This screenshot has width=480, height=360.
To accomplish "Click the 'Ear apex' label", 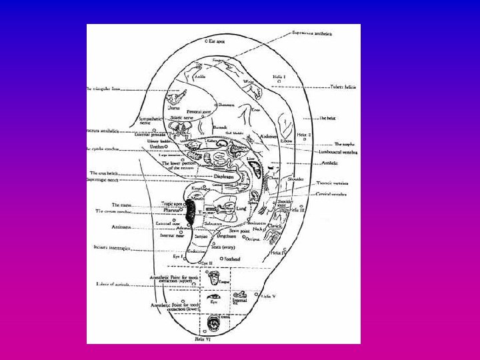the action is [217, 41].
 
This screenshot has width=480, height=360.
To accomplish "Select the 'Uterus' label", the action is [174, 107].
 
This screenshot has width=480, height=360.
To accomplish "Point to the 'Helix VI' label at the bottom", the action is [203, 339].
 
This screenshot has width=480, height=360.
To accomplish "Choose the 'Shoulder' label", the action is [296, 179].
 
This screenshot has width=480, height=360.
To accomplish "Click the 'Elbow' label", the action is [287, 141].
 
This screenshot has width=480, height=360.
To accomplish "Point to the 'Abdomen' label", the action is [269, 137].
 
